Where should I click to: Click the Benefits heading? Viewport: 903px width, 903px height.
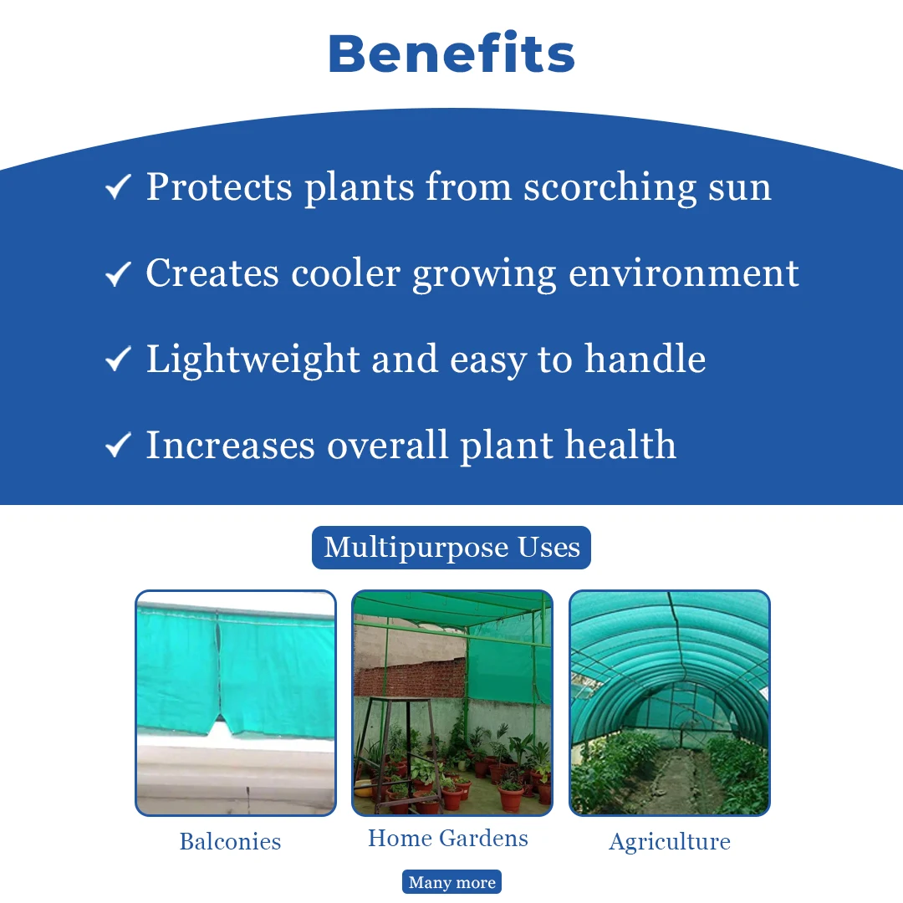pos(451,54)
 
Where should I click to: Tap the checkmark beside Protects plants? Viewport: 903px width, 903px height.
pos(118,187)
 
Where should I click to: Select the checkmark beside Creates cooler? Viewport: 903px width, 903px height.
pos(118,273)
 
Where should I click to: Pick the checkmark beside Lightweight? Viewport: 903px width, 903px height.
pos(118,360)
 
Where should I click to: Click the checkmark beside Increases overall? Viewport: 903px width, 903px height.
pos(118,445)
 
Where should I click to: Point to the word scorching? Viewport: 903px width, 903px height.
pos(610,188)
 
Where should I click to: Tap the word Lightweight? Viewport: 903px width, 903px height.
pos(253,360)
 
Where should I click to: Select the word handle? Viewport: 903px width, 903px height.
pos(645,358)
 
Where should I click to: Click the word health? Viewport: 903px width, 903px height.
pos(620,445)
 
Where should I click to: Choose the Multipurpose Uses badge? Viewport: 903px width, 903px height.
pos(451,547)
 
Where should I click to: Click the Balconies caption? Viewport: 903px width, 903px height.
pos(231,841)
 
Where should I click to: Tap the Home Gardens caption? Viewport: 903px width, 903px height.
pos(448,838)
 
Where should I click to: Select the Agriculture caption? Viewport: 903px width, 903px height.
pos(670,842)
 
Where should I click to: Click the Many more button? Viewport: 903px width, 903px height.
pos(451,882)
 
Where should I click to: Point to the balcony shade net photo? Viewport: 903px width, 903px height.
pos(236,702)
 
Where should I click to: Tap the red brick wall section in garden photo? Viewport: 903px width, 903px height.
pos(410,677)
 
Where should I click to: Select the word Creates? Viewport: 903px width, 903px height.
pos(212,273)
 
